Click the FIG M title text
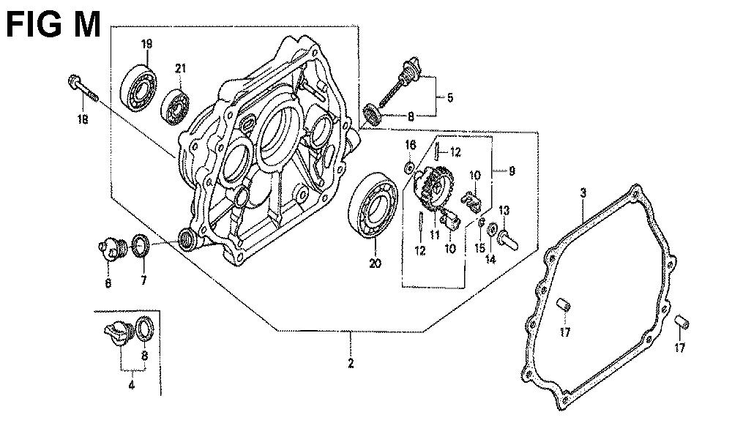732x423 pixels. point(53,25)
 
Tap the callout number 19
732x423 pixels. point(146,45)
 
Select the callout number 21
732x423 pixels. point(180,69)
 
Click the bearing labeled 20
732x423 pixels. point(375,206)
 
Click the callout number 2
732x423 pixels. point(351,364)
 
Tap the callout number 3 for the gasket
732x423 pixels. point(583,193)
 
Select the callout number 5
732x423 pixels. point(450,97)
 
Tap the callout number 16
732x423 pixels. point(411,143)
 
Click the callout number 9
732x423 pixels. point(512,171)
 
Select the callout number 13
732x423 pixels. point(504,211)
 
